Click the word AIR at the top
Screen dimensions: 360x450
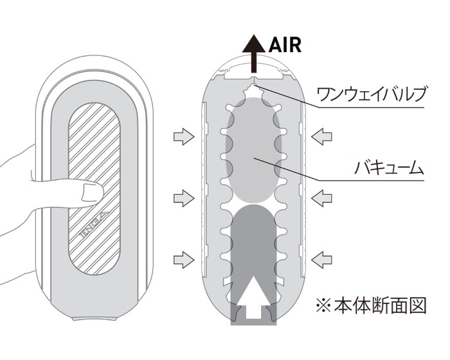(283, 44)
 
